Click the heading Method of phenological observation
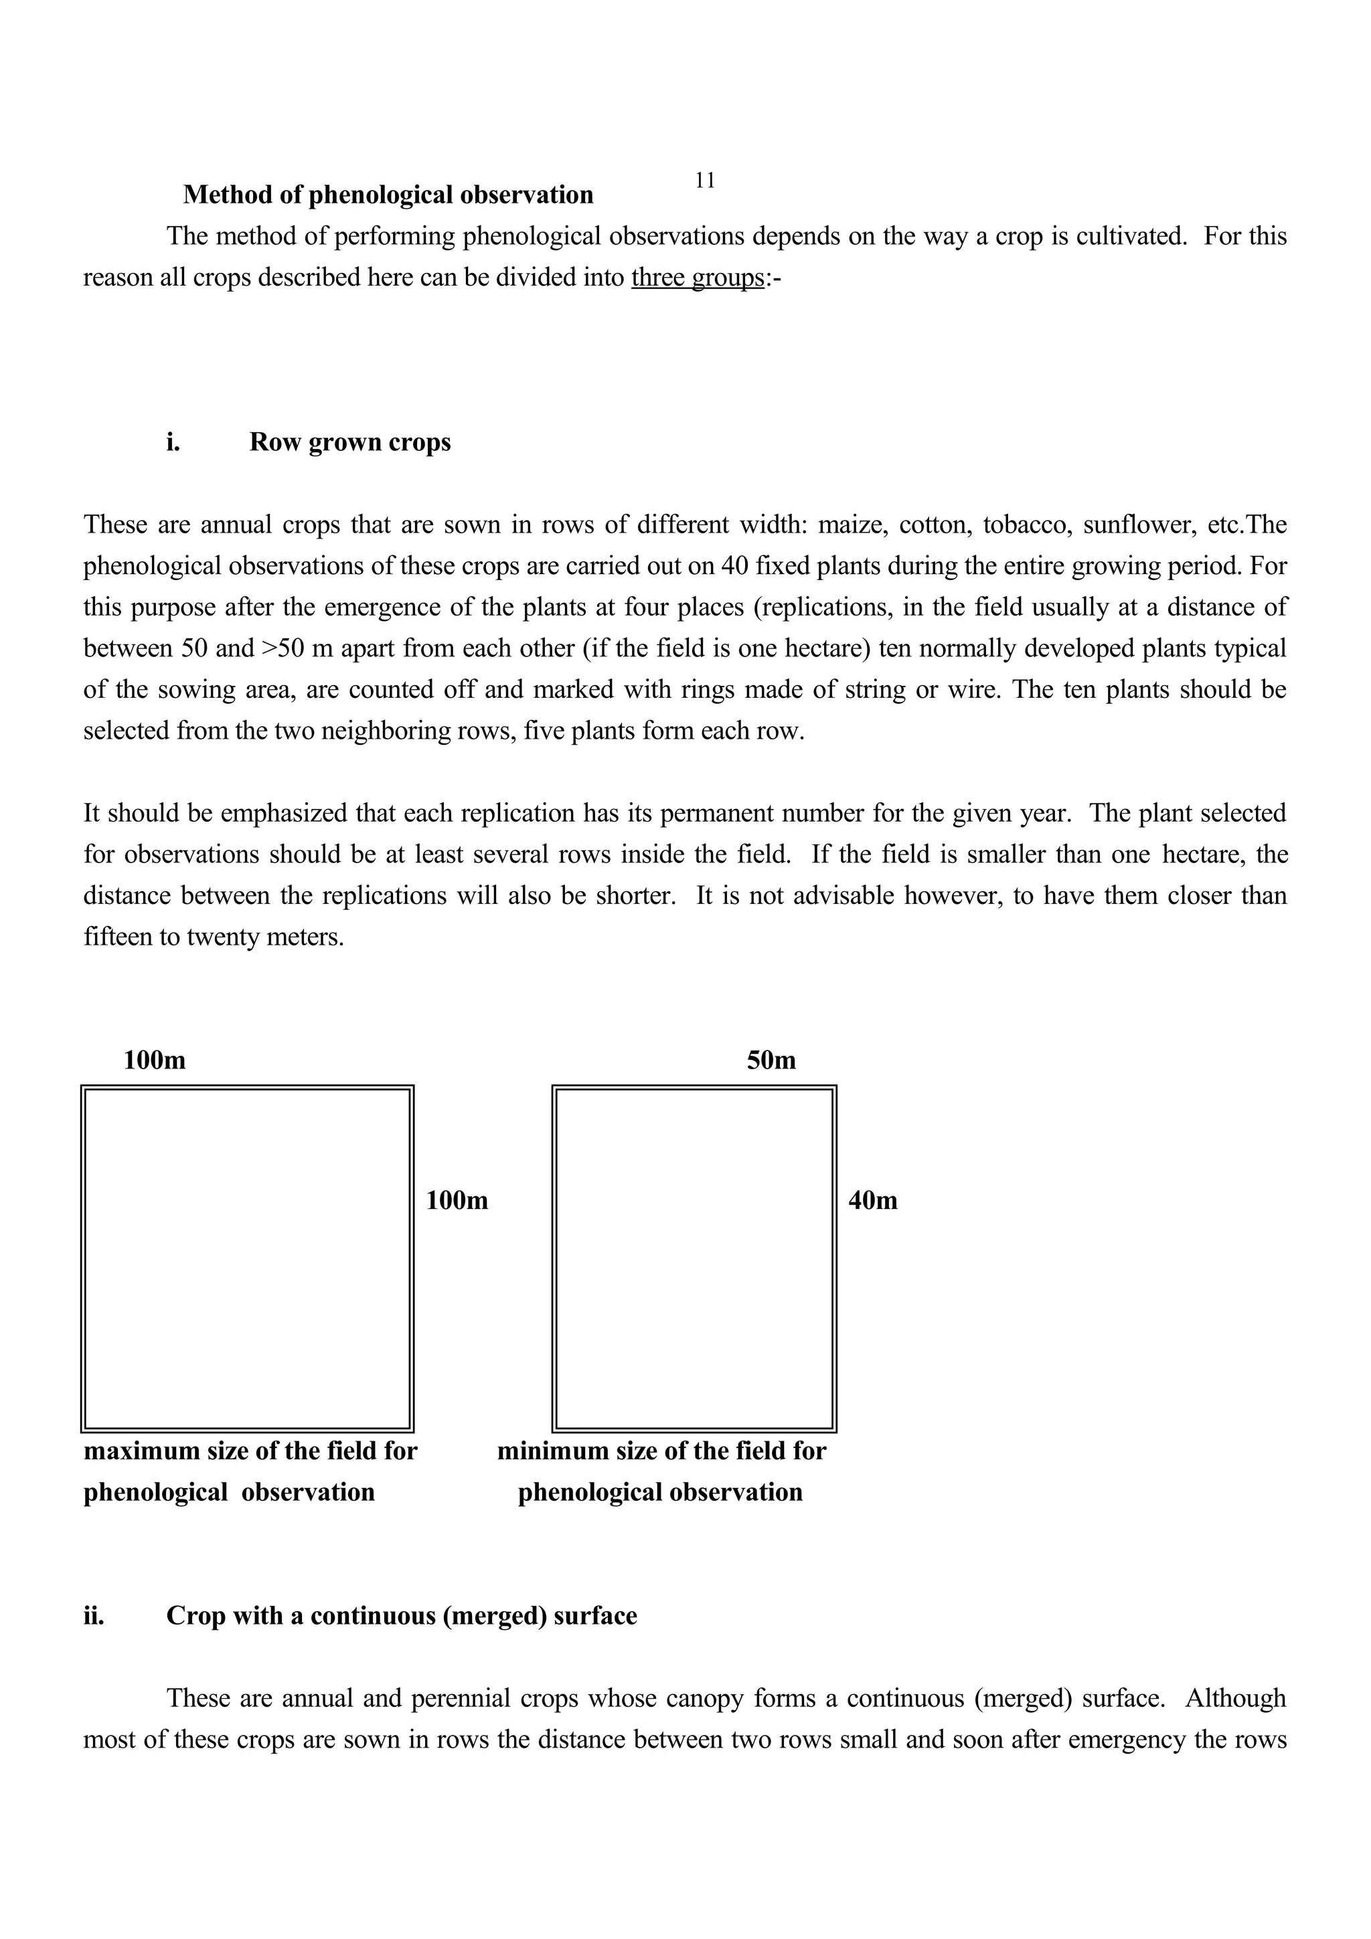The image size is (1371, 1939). (388, 195)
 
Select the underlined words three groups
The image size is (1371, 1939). (698, 277)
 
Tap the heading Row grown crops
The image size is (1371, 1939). (349, 442)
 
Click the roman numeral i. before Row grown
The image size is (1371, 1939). (173, 442)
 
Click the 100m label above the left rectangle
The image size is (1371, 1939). (155, 1060)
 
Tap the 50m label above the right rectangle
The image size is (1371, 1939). (771, 1060)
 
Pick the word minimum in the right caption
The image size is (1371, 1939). (552, 1451)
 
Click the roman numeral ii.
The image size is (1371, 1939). (94, 1616)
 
